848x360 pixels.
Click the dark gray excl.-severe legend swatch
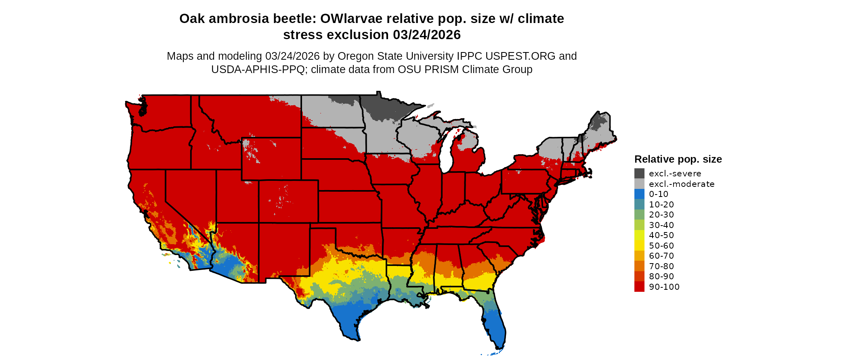pyautogui.click(x=639, y=174)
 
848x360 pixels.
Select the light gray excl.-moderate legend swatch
pyautogui.click(x=639, y=184)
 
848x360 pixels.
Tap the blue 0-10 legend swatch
pyautogui.click(x=639, y=194)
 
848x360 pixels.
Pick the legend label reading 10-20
pyautogui.click(x=661, y=205)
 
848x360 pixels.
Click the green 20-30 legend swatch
pyautogui.click(x=639, y=215)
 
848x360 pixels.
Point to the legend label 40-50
pyautogui.click(x=661, y=235)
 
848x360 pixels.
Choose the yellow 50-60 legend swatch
pyautogui.click(x=639, y=246)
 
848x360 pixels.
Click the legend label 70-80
pyautogui.click(x=661, y=266)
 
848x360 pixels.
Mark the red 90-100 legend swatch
pyautogui.click(x=639, y=287)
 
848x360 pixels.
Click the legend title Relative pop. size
pyautogui.click(x=678, y=159)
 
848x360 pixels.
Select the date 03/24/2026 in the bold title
pyautogui.click(x=426, y=35)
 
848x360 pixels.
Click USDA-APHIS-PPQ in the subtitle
pyautogui.click(x=258, y=69)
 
